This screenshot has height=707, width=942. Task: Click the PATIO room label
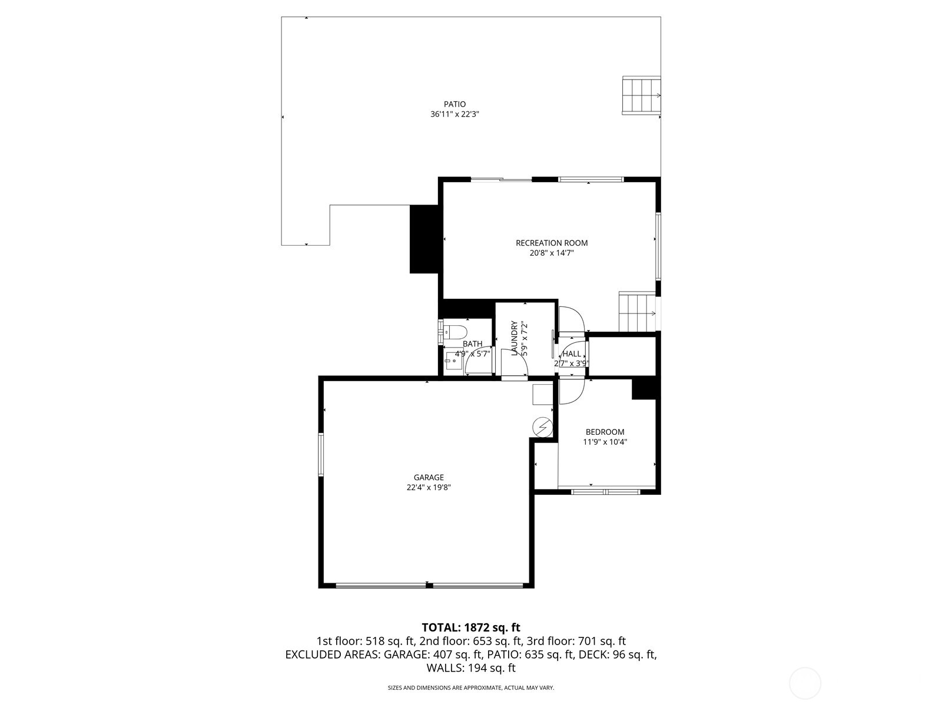point(455,104)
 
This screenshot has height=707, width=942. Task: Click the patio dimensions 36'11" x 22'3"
point(455,114)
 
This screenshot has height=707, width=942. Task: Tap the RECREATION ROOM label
point(552,243)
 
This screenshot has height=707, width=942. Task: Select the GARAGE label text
point(429,477)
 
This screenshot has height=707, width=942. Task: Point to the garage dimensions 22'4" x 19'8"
point(429,487)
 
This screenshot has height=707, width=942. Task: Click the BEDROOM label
point(605,432)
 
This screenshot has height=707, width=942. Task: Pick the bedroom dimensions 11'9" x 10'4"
point(605,442)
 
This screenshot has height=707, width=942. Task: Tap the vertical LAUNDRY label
point(514,338)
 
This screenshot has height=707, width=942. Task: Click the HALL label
point(572,353)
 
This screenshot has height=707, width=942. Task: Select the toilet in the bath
point(455,332)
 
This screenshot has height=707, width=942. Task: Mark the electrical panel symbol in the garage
point(542,426)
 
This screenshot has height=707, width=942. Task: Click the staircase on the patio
point(641,95)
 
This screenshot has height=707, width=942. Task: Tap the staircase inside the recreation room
point(636,312)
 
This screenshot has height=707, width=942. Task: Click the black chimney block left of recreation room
point(424,239)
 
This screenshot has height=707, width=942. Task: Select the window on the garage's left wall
point(321,454)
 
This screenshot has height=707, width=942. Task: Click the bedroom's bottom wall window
point(606,491)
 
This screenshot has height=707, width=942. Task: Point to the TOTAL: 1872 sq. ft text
point(471,627)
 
